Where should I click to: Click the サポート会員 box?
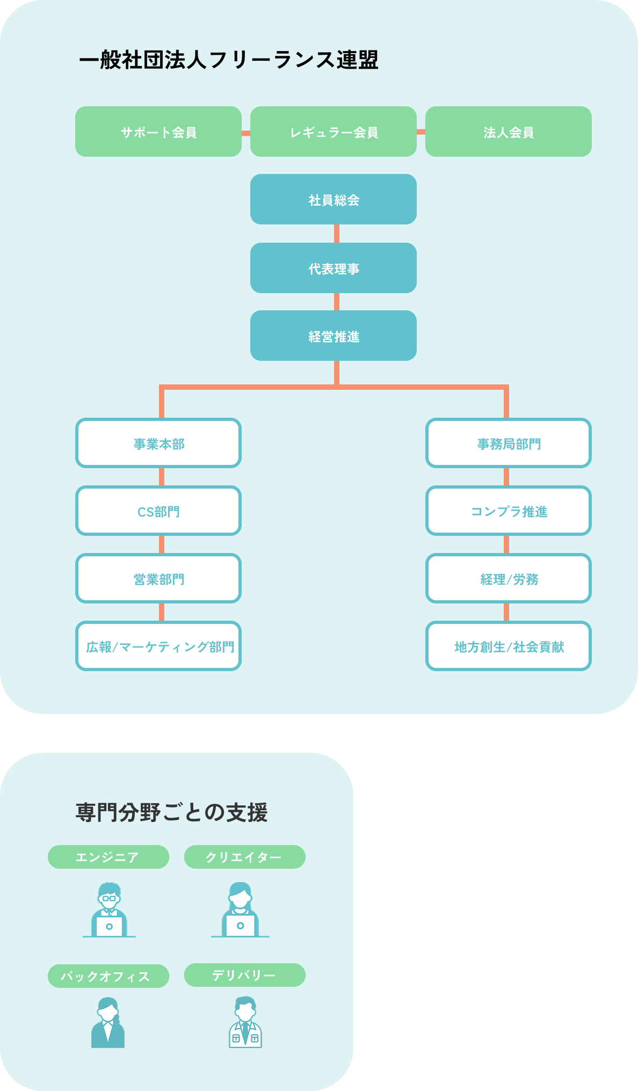pos(158,132)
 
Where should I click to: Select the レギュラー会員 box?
pos(334,132)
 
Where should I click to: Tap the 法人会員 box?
pos(509,132)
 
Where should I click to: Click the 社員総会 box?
pos(334,199)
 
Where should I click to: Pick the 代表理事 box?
pos(334,268)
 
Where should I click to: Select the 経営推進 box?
pos(334,336)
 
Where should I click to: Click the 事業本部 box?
pos(158,443)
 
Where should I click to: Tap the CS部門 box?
pos(158,511)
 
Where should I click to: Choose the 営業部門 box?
pos(158,578)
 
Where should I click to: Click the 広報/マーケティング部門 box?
pos(158,646)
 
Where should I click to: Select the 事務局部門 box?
pos(509,443)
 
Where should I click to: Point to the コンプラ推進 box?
pos(509,511)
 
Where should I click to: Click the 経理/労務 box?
pos(509,578)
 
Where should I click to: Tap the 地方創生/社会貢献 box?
pos(509,646)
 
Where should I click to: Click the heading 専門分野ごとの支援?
pos(171,812)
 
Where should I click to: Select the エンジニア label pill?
pos(108,857)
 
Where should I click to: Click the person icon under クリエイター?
pos(240,910)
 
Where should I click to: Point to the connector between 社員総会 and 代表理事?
pos(337,234)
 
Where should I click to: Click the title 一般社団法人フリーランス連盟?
pos(229,60)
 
